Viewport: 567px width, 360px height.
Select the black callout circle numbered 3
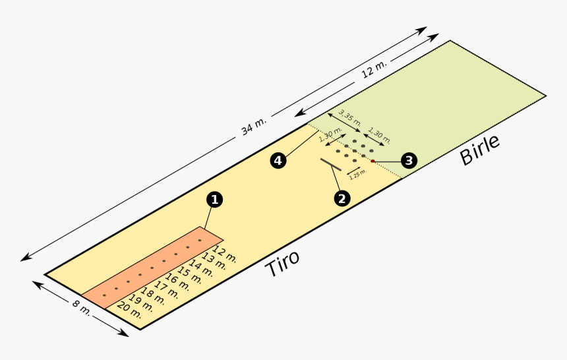409,160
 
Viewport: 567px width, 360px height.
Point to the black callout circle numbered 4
278,160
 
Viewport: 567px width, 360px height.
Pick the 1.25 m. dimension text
357,174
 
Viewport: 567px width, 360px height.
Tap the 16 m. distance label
177,282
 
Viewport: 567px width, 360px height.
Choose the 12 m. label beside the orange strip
225,253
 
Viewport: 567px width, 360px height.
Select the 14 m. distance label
201,267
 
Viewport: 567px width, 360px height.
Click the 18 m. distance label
153,296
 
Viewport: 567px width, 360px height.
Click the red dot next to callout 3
372,161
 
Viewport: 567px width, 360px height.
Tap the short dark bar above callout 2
331,165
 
